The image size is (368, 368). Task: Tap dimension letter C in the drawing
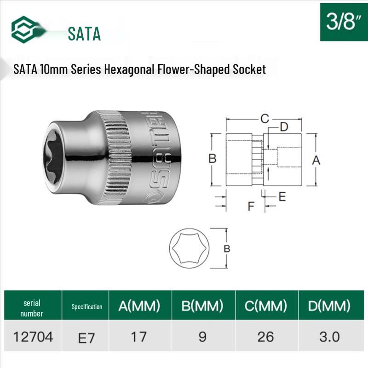click(264, 118)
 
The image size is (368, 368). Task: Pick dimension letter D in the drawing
click(283, 126)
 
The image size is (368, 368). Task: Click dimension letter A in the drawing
click(316, 160)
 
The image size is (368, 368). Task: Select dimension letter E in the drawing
click(282, 196)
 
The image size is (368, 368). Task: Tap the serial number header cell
click(32, 308)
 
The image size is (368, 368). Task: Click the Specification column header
click(87, 307)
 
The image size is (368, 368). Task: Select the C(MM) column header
click(265, 305)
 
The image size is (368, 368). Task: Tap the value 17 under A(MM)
click(138, 337)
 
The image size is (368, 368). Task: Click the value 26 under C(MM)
click(265, 337)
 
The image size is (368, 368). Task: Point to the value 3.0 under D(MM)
click(329, 337)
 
